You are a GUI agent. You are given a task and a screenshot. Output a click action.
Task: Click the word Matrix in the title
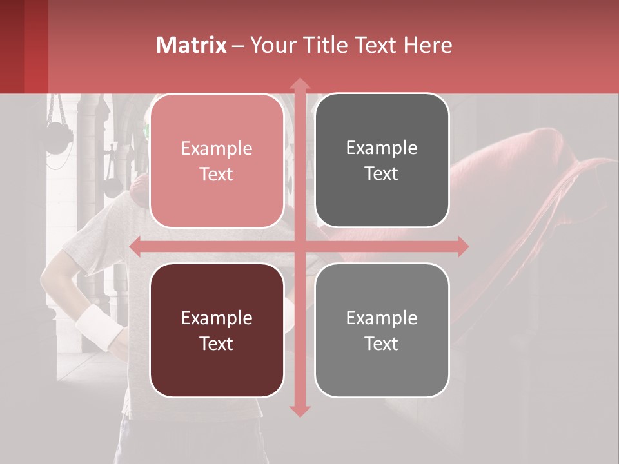pyautogui.click(x=192, y=45)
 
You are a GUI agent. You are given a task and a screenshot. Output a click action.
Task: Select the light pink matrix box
pyautogui.click(x=217, y=161)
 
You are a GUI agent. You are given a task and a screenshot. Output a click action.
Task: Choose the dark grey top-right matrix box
pyautogui.click(x=382, y=160)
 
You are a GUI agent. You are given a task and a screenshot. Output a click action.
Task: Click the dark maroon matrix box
pyautogui.click(x=217, y=330)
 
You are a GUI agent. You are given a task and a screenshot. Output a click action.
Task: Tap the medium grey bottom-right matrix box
pyautogui.click(x=382, y=330)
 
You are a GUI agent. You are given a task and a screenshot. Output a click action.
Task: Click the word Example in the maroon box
pyautogui.click(x=217, y=318)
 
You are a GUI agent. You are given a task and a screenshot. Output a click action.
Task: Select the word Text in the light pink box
pyautogui.click(x=217, y=174)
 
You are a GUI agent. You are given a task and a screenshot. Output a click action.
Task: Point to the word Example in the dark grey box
pyautogui.click(x=382, y=148)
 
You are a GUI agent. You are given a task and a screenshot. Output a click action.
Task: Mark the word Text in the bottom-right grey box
pyautogui.click(x=382, y=343)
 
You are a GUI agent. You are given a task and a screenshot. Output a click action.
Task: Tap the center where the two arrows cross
pyautogui.click(x=299, y=246)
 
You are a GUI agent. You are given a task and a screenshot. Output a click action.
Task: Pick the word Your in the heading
pyautogui.click(x=271, y=45)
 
